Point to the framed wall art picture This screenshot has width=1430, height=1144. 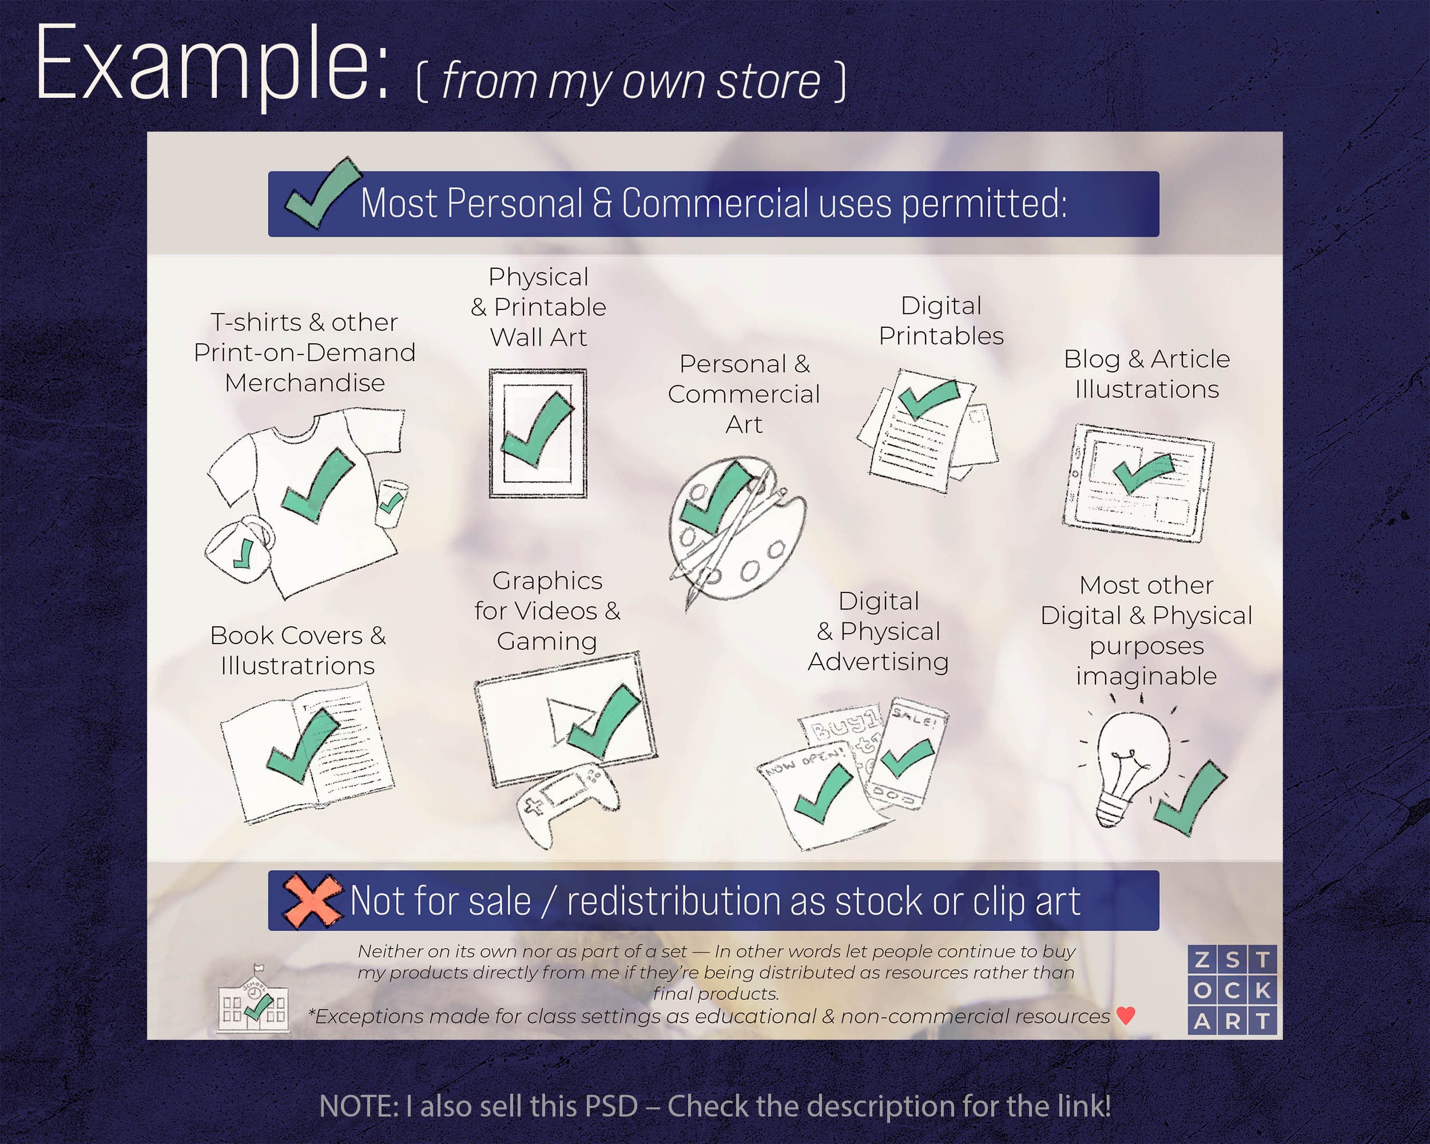(538, 433)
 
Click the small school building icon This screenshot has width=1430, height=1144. (254, 998)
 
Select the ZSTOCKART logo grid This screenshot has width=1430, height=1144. (1232, 990)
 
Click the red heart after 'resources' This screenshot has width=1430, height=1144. (1126, 1015)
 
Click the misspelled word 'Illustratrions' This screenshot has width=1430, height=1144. (298, 665)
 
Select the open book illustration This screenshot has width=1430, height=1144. (307, 752)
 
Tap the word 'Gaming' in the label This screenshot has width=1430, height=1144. (547, 641)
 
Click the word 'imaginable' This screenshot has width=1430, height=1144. (1146, 677)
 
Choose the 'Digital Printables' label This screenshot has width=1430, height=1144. (941, 321)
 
